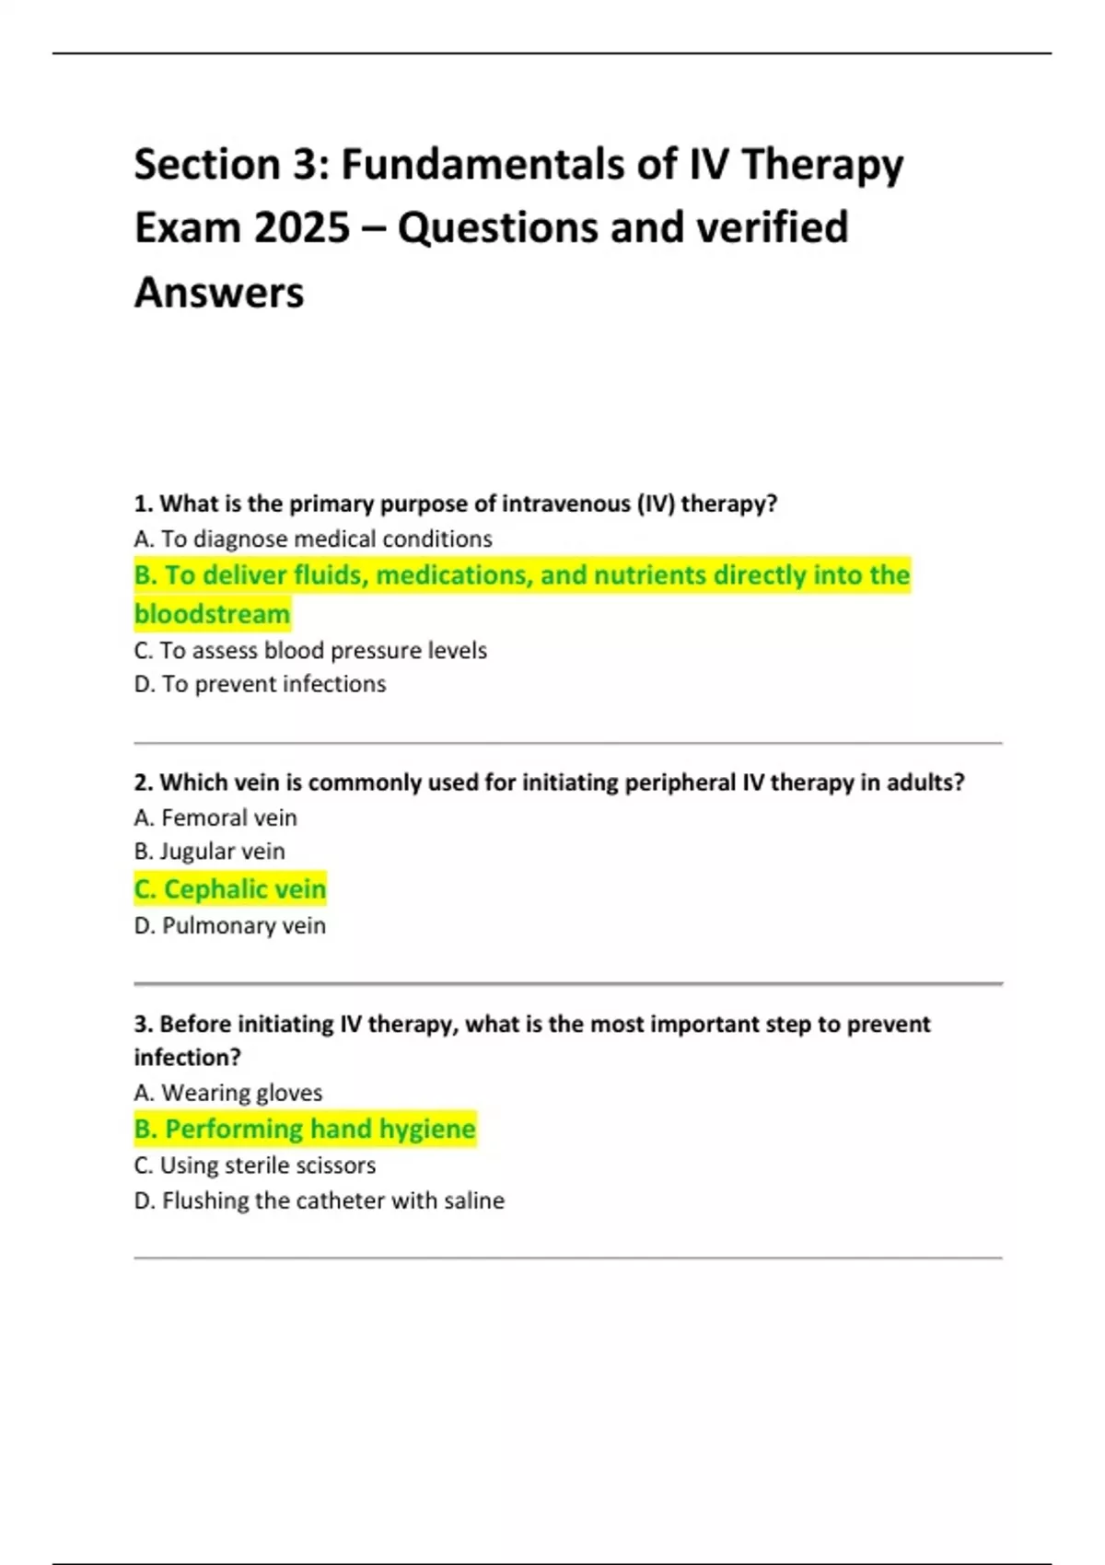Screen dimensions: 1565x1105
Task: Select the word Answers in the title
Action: pyautogui.click(x=219, y=292)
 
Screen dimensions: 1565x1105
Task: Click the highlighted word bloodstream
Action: pyautogui.click(x=212, y=613)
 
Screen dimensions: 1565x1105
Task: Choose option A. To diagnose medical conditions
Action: pyautogui.click(x=313, y=539)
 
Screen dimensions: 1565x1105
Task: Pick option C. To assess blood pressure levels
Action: pyautogui.click(x=310, y=650)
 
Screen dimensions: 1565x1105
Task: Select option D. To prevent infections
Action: pyautogui.click(x=260, y=684)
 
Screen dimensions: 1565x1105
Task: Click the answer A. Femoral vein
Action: pyautogui.click(x=215, y=817)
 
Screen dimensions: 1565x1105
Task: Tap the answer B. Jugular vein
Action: pyautogui.click(x=209, y=852)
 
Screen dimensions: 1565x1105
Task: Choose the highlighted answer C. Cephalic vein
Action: pyautogui.click(x=230, y=889)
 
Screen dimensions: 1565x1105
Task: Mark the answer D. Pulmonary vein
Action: pyautogui.click(x=230, y=925)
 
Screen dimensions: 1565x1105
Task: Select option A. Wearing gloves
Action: pyautogui.click(x=228, y=1093)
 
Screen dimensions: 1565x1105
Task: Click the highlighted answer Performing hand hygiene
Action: pyautogui.click(x=320, y=1129)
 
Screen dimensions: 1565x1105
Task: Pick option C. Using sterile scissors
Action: pyautogui.click(x=255, y=1165)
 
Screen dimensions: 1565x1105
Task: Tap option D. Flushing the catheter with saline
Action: pyautogui.click(x=320, y=1200)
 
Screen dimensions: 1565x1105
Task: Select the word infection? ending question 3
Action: pyautogui.click(x=187, y=1058)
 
